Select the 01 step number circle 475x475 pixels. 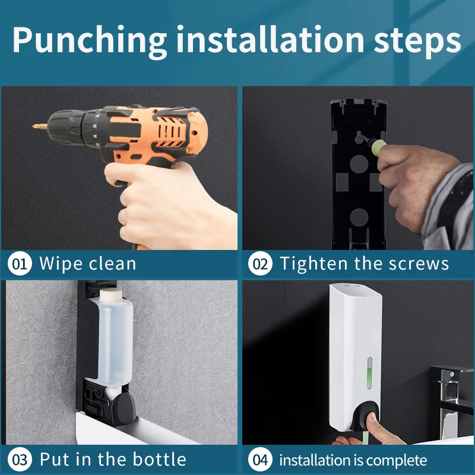[20, 264]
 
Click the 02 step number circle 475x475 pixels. [260, 264]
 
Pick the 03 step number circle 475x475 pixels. [20, 460]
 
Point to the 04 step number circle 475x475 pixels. [260, 460]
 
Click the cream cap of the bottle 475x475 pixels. [111, 294]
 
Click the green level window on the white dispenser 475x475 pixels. [369, 373]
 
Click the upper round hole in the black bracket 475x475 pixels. [359, 164]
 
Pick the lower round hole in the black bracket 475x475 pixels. [359, 217]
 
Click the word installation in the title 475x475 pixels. [270, 40]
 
